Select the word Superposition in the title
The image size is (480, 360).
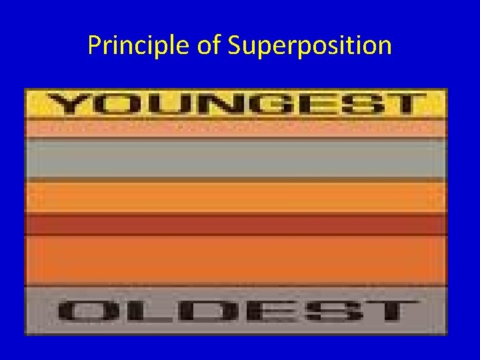click(x=309, y=45)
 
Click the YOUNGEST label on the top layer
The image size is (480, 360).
click(x=236, y=105)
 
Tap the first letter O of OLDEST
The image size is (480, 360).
click(x=87, y=312)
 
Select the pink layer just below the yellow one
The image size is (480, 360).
click(x=236, y=128)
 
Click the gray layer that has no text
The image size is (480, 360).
click(x=236, y=158)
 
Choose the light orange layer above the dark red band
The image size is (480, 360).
click(x=236, y=197)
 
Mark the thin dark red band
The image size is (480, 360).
click(x=236, y=225)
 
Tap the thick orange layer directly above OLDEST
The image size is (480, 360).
click(x=236, y=261)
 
